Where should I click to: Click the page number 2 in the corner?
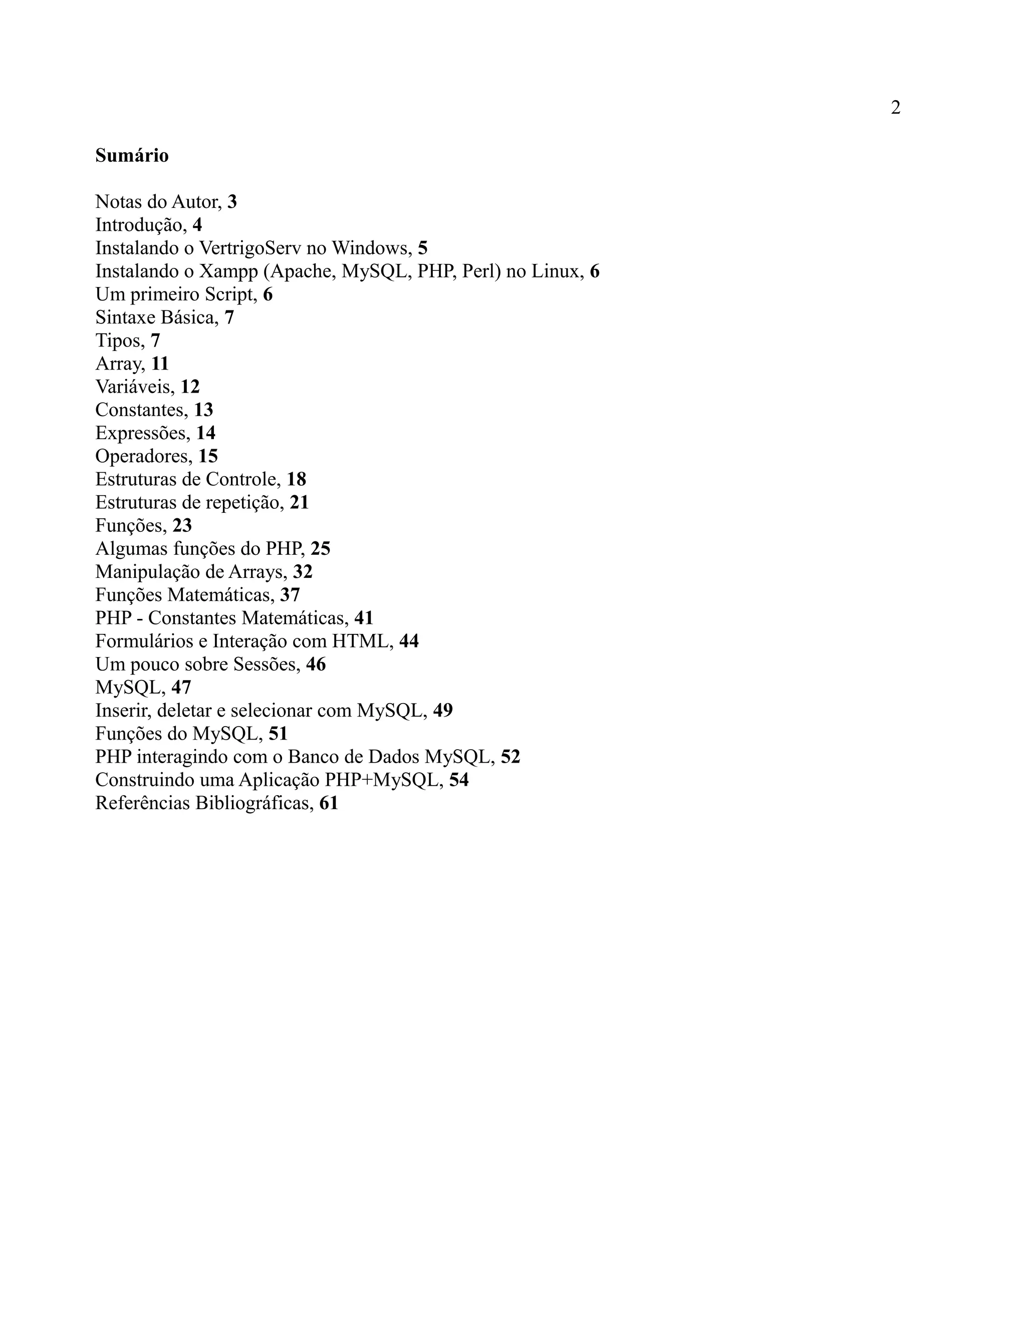pos(895,108)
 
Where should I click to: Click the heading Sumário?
pos(132,156)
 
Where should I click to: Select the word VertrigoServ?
pos(250,248)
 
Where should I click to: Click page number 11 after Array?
pos(160,364)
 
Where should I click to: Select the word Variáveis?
pos(134,387)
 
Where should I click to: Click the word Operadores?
pos(143,456)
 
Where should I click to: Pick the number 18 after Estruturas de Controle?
pos(297,479)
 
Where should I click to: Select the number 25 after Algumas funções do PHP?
pos(320,548)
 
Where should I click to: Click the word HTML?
pos(362,641)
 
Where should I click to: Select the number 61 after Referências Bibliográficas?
pos(328,803)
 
